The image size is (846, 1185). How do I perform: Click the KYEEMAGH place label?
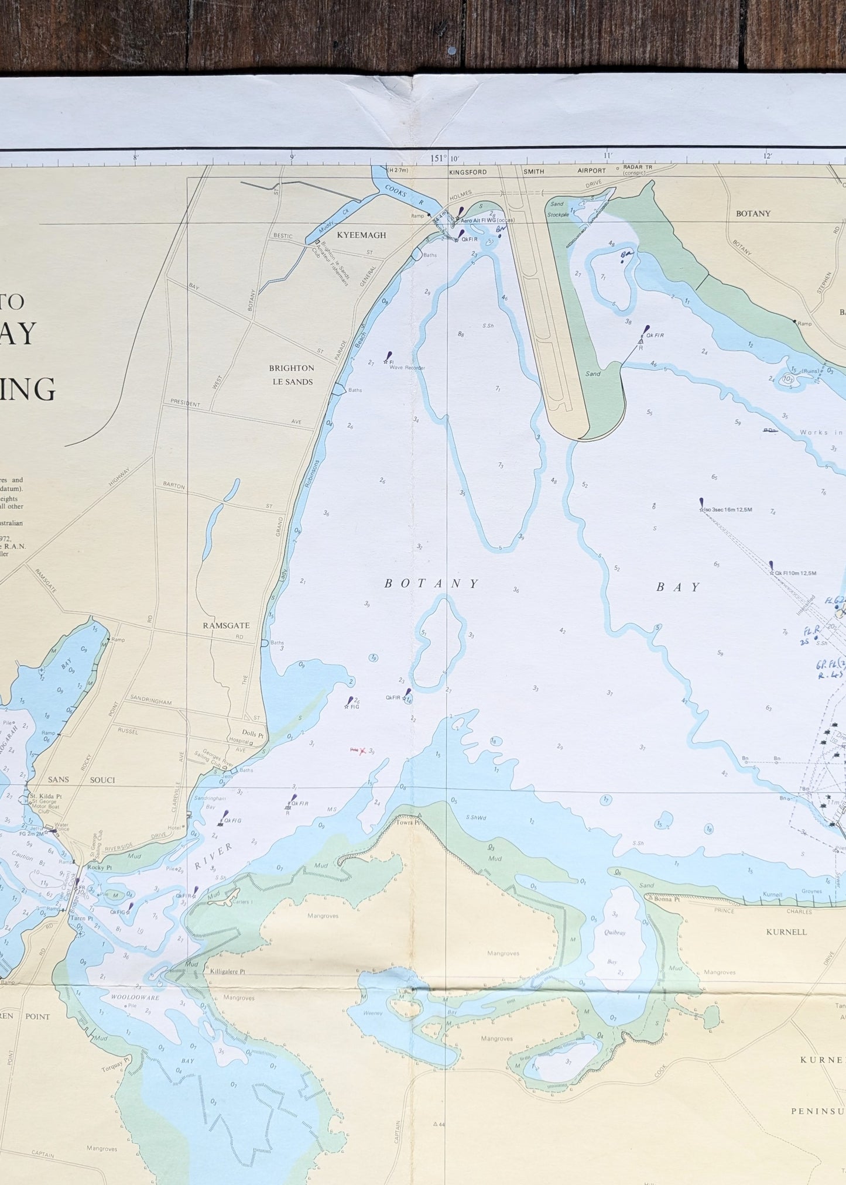(361, 235)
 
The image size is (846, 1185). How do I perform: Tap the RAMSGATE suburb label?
(226, 625)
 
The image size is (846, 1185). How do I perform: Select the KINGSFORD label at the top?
(468, 172)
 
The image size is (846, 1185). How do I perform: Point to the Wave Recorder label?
(407, 368)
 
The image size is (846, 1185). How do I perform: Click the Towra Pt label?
(422, 822)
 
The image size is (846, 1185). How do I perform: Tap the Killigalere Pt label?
(227, 971)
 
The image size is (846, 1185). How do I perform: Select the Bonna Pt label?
(666, 899)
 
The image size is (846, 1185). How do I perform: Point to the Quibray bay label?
(615, 933)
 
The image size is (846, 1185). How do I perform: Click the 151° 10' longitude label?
(445, 158)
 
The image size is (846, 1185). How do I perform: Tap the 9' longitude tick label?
(292, 157)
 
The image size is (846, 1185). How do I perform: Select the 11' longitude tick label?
(607, 156)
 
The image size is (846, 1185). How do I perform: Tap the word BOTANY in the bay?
(431, 584)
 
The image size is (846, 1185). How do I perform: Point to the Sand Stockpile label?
(557, 209)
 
